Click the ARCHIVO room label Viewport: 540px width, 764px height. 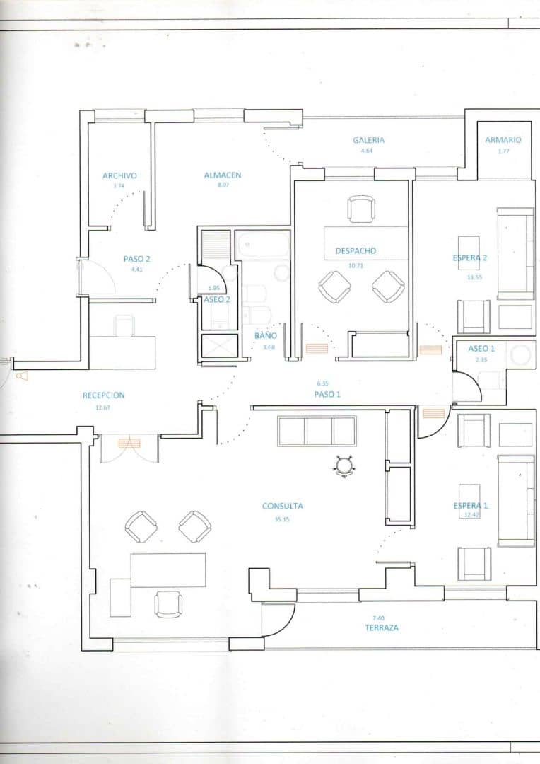[x=119, y=175]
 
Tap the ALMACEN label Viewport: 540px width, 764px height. [x=223, y=175]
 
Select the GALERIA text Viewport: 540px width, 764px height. [x=368, y=140]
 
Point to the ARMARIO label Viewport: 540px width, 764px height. [x=503, y=140]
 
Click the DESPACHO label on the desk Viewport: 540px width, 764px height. [x=356, y=250]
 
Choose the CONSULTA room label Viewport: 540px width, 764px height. [x=283, y=506]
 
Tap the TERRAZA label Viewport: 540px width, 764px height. [x=382, y=627]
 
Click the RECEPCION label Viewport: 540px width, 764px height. [x=103, y=395]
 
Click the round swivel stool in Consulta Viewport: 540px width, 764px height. [x=344, y=465]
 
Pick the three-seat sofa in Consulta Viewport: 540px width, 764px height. [x=317, y=431]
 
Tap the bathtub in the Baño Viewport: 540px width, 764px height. [x=262, y=245]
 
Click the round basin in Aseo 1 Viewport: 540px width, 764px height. [x=521, y=355]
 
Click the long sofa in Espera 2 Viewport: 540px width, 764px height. [x=516, y=253]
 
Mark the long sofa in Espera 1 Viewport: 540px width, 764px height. [x=516, y=501]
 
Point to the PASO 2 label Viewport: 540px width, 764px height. [x=137, y=259]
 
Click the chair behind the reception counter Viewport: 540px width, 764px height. [x=124, y=326]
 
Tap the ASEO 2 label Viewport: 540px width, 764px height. [x=217, y=299]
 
